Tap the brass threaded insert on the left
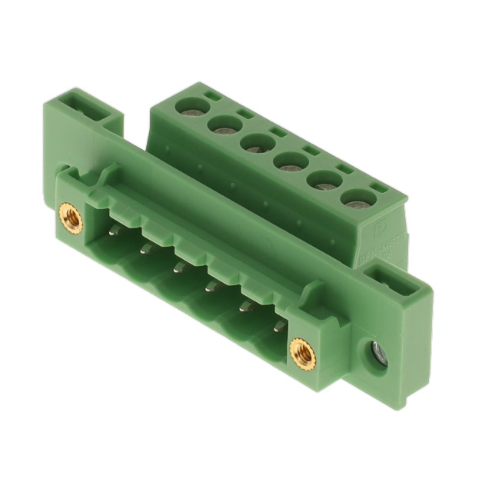click(x=71, y=218)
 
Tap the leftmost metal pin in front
click(x=115, y=229)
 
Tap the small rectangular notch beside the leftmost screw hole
click(x=208, y=98)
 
